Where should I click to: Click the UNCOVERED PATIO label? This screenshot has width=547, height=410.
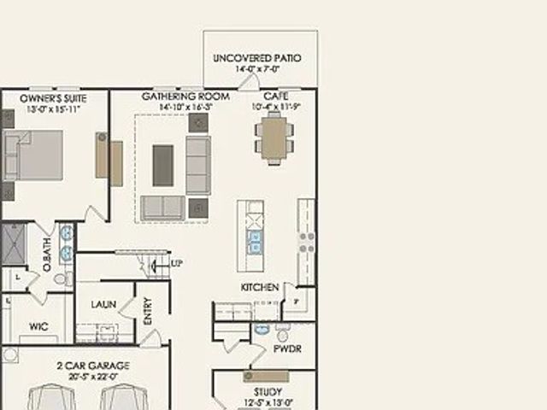(257, 58)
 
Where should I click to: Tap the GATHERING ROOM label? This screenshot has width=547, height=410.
(185, 97)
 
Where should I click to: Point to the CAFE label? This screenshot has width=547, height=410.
(275, 97)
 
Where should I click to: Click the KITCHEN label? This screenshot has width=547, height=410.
(260, 287)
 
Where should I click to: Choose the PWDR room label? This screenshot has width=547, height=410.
(284, 348)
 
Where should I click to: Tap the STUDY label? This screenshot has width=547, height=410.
(268, 392)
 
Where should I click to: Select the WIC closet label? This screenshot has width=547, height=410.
(38, 326)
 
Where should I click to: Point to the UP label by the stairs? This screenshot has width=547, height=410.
(177, 262)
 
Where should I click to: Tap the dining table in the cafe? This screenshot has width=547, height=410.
(273, 139)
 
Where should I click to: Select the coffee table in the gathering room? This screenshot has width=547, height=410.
(163, 164)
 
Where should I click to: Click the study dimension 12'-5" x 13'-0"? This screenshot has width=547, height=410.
(268, 403)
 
